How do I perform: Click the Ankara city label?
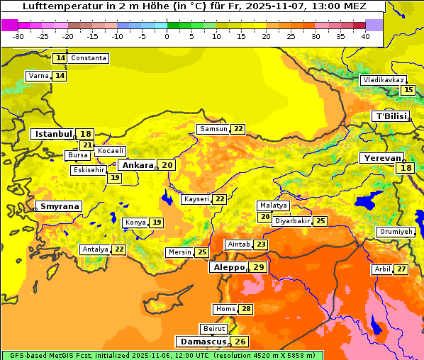(x=137, y=165)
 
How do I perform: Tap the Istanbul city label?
(x=53, y=134)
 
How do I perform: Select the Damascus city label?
(x=203, y=342)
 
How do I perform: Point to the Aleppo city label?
(x=228, y=267)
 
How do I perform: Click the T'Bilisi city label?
(x=391, y=116)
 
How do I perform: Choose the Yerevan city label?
(x=381, y=158)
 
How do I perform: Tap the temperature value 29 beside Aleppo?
(x=259, y=267)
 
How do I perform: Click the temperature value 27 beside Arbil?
(x=401, y=269)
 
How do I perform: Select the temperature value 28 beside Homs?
(x=246, y=309)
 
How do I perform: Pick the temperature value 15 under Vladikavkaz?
(x=408, y=90)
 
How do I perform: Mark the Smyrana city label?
(x=59, y=206)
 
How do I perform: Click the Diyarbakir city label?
(x=292, y=221)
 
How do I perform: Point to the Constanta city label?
(x=89, y=58)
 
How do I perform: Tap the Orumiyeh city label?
(x=395, y=232)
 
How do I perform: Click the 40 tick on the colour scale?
(x=365, y=35)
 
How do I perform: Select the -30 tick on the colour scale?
(x=18, y=35)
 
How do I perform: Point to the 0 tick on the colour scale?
(x=167, y=35)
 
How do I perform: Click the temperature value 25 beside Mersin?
(x=202, y=252)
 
